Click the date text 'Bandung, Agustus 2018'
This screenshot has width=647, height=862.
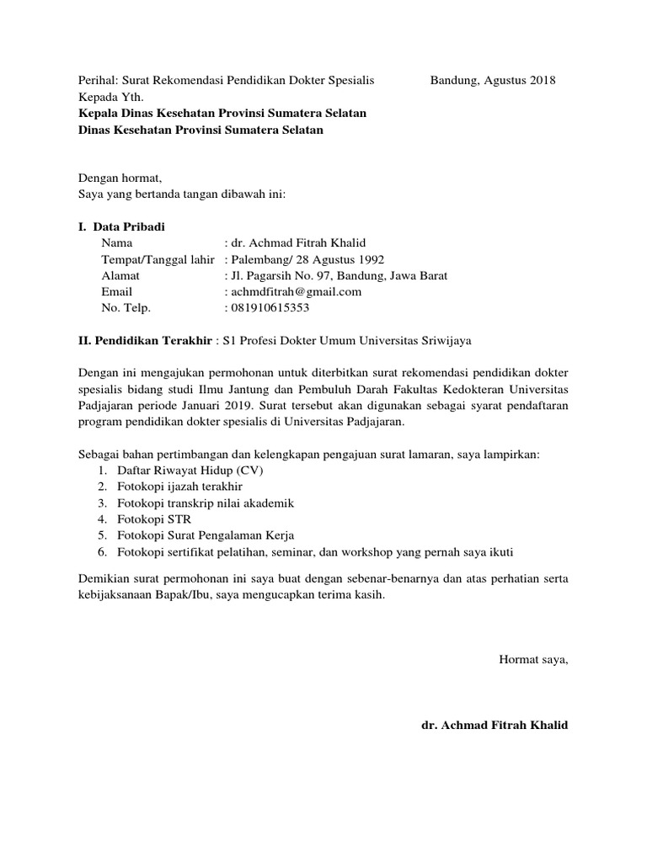point(493,81)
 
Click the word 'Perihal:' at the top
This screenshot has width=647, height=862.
point(97,81)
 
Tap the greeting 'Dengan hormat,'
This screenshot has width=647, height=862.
point(119,178)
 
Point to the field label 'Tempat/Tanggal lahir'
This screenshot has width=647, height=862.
point(158,259)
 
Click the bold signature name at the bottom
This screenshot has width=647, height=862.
point(495,724)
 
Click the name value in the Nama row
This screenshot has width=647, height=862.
point(299,242)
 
